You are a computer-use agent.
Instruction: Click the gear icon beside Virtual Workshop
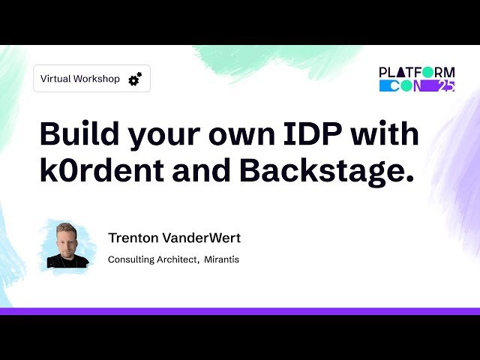point(135,79)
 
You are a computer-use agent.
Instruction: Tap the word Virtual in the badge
point(55,79)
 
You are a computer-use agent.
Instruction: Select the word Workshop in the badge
point(97,79)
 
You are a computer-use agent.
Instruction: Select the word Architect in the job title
point(181,260)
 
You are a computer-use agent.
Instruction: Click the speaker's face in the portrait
point(65,241)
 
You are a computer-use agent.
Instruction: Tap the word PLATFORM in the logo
point(416,73)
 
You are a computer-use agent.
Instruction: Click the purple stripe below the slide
point(240,310)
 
